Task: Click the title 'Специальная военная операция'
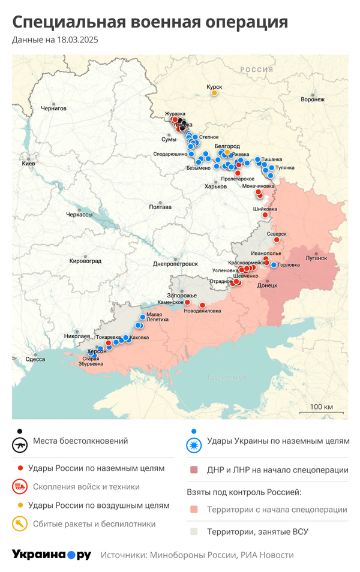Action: coord(150,22)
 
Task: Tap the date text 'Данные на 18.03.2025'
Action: coord(55,40)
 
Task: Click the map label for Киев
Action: coord(28,163)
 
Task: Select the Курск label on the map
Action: coord(214,86)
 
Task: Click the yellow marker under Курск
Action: coord(214,93)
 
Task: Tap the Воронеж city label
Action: coord(312,100)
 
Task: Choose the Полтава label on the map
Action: coord(160,207)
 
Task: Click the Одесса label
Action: coord(35,359)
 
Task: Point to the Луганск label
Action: coord(316,258)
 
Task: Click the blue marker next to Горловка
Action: coord(274,265)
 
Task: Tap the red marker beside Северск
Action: coord(277,240)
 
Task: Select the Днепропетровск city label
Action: coord(175,263)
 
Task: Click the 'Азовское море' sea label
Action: coord(226,378)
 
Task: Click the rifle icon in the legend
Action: coord(20,445)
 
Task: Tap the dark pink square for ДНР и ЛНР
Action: coord(193,470)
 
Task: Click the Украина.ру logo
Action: coord(52,555)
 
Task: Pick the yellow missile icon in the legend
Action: coord(20,523)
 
